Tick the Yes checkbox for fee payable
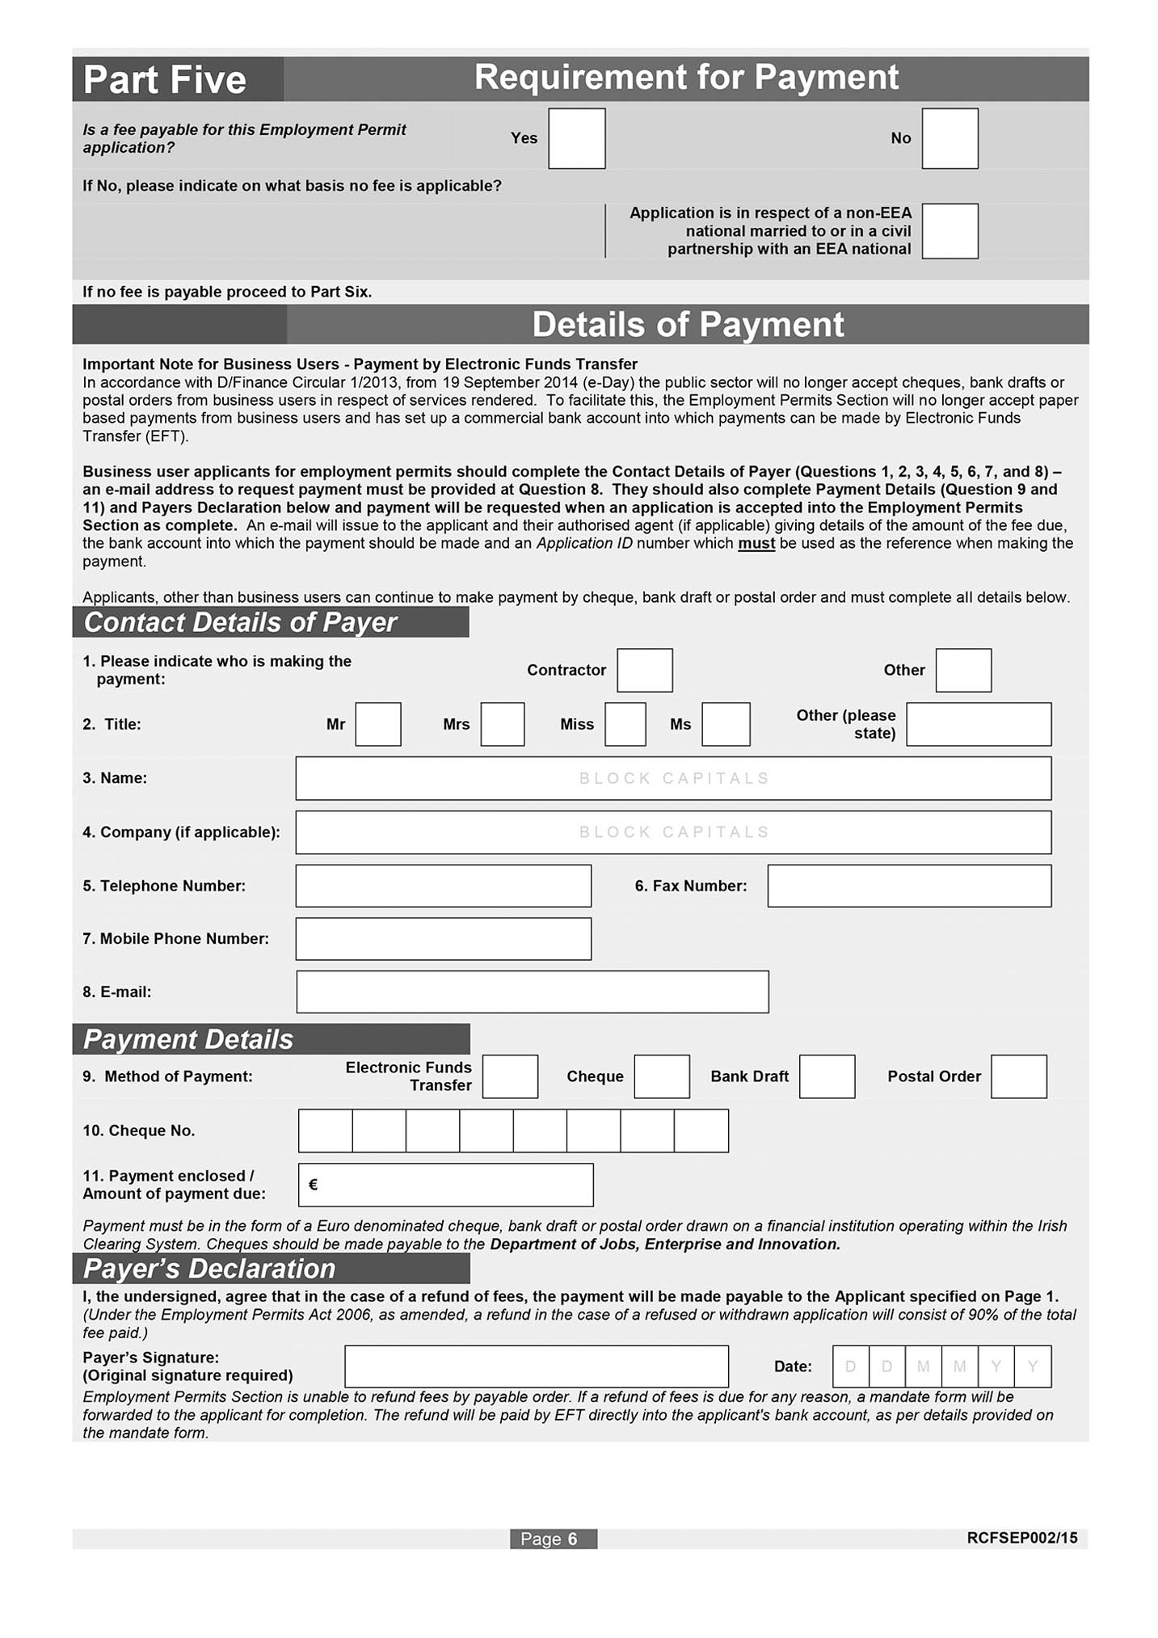[x=576, y=138]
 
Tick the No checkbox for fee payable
[x=950, y=138]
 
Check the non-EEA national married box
[x=950, y=231]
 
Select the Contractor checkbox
[x=644, y=670]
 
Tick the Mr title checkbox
[x=378, y=724]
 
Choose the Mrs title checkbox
[x=502, y=724]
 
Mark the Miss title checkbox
[x=625, y=724]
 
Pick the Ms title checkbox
[x=726, y=724]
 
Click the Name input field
[x=673, y=778]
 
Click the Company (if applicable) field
[x=673, y=832]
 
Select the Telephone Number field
[x=443, y=886]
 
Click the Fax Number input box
[x=909, y=886]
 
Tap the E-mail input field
[x=533, y=992]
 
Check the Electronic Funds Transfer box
[x=510, y=1076]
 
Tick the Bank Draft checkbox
[x=827, y=1076]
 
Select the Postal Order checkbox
[x=1018, y=1076]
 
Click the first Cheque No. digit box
[x=326, y=1131]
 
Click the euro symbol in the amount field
[x=314, y=1185]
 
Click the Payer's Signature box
[x=537, y=1366]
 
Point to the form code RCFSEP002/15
[x=1021, y=1538]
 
